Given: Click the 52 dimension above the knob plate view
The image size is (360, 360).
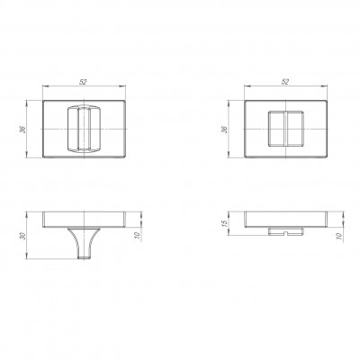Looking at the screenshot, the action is pyautogui.click(x=83, y=82).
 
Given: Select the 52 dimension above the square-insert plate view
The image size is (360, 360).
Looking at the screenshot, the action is pyautogui.click(x=285, y=82).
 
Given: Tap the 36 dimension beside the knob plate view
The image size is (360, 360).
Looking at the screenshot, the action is pyautogui.click(x=23, y=130).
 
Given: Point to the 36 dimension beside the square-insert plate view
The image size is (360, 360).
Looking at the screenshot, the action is pyautogui.click(x=225, y=130).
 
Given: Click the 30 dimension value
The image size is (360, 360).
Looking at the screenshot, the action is pyautogui.click(x=23, y=236).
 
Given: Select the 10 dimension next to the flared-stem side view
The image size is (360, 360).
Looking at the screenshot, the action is pyautogui.click(x=138, y=236).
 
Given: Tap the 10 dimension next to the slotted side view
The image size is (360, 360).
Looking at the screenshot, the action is pyautogui.click(x=339, y=236).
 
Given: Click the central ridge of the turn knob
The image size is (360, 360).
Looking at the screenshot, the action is pyautogui.click(x=84, y=129).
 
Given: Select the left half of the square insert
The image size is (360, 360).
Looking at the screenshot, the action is pyautogui.click(x=275, y=129).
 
